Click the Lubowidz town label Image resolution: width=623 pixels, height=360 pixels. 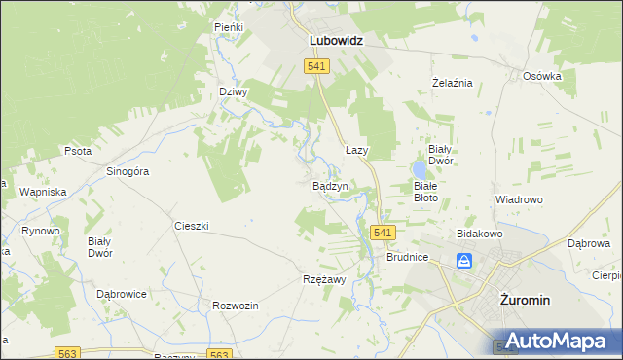(x=336, y=42)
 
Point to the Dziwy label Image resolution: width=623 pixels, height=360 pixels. (x=234, y=92)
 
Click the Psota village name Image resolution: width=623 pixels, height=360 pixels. (x=78, y=152)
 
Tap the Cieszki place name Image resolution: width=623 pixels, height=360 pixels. (x=192, y=226)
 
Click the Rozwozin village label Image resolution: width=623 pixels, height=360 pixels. (x=236, y=306)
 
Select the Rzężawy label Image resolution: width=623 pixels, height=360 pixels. (x=324, y=278)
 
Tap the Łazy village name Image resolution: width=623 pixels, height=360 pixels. (x=357, y=151)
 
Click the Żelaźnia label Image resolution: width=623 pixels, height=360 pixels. (x=452, y=83)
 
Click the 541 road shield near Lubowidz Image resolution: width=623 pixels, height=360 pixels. (x=316, y=66)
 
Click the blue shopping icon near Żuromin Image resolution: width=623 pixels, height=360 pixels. (x=465, y=261)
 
